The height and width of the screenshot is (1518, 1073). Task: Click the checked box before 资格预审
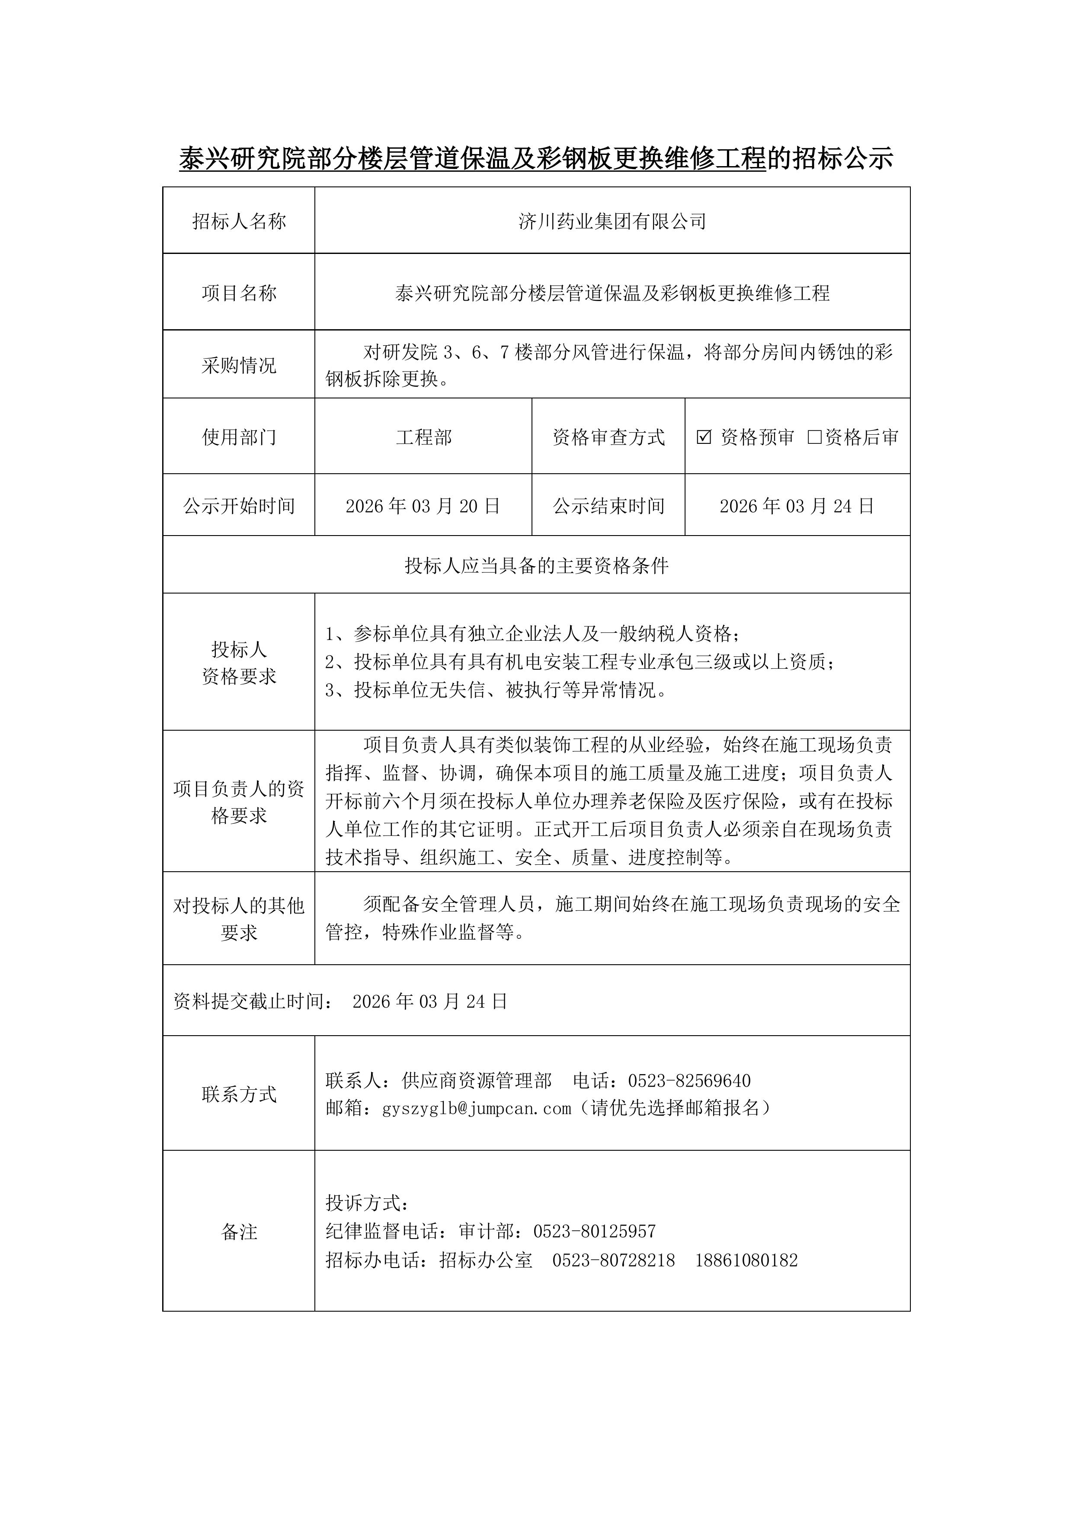click(x=704, y=437)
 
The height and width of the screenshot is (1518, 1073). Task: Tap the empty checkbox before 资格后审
click(x=814, y=437)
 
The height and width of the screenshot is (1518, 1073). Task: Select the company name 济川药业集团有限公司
click(x=612, y=221)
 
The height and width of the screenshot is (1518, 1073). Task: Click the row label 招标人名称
click(x=239, y=221)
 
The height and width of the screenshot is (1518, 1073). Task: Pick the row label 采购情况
click(x=239, y=366)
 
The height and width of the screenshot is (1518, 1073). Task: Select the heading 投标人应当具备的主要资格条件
click(x=536, y=566)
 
